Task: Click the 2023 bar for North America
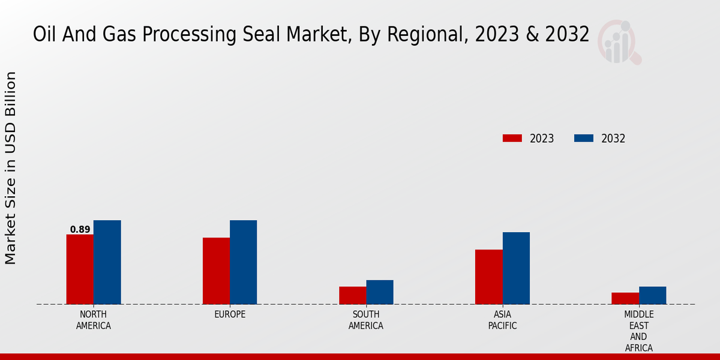pyautogui.click(x=80, y=269)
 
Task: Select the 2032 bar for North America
pyautogui.click(x=107, y=262)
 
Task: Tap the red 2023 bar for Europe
pyautogui.click(x=216, y=271)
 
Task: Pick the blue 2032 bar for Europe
pyautogui.click(x=243, y=262)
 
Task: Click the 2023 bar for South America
pyautogui.click(x=352, y=295)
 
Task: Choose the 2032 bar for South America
pyautogui.click(x=380, y=292)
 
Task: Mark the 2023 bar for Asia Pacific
pyautogui.click(x=488, y=277)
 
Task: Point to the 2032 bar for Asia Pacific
pyautogui.click(x=516, y=268)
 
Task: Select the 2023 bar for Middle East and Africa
pyautogui.click(x=625, y=298)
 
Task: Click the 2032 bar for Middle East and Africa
pyautogui.click(x=652, y=295)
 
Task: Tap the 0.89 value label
pyautogui.click(x=80, y=229)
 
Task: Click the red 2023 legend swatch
pyautogui.click(x=512, y=139)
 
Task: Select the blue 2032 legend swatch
pyautogui.click(x=583, y=139)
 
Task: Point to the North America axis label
pyautogui.click(x=94, y=320)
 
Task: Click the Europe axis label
pyautogui.click(x=230, y=314)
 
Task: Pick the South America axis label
pyautogui.click(x=366, y=320)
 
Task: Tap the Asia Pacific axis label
pyautogui.click(x=502, y=320)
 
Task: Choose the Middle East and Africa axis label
pyautogui.click(x=638, y=331)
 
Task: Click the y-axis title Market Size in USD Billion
pyautogui.click(x=11, y=168)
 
